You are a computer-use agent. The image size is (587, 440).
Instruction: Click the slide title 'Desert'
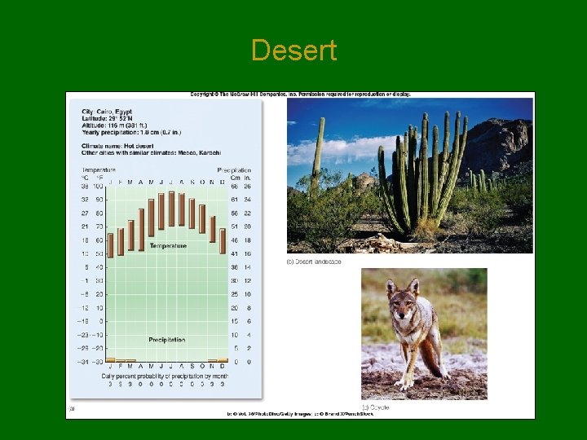pos(293,51)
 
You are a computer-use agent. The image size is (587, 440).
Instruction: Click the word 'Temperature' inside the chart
pos(167,245)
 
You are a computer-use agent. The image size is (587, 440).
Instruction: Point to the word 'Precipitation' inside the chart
pos(167,339)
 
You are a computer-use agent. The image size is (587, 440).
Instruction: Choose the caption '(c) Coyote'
pos(376,407)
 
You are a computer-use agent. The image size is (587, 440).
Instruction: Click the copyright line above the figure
pos(300,95)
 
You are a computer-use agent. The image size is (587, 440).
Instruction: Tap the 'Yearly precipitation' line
pos(130,132)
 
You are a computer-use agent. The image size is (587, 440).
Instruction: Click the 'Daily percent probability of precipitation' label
pos(167,376)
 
